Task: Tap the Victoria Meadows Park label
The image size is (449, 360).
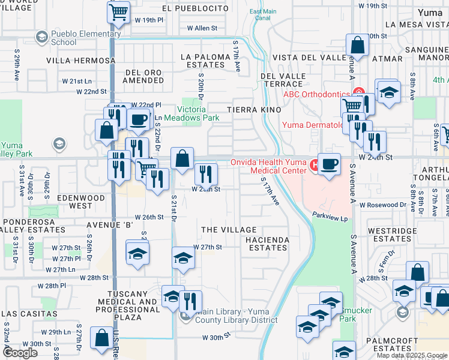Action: [199, 114]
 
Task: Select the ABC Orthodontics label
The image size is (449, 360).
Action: [316, 94]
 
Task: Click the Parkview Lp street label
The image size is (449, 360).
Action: [330, 219]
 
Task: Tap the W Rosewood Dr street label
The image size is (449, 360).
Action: [383, 205]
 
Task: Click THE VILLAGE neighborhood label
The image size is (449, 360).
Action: [229, 230]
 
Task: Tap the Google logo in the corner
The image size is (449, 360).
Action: [20, 353]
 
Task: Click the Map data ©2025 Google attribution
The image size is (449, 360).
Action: [411, 355]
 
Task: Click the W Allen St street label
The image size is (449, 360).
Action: [202, 28]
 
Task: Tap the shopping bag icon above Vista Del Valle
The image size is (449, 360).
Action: [357, 46]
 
